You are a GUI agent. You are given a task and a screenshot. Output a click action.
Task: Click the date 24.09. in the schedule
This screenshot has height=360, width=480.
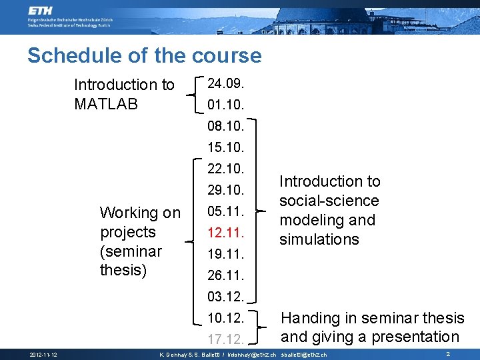226,84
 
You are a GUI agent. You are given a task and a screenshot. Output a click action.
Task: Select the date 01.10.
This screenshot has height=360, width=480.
226,105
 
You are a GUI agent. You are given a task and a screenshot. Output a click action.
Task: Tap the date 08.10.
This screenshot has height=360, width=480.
226,125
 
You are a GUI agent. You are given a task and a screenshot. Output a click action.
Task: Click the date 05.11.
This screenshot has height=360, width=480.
226,211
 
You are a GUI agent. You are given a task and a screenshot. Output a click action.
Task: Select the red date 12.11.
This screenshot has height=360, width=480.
226,233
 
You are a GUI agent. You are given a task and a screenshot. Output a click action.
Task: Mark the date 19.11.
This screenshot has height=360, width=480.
226,254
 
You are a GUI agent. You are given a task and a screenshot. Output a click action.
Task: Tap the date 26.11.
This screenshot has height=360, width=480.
226,275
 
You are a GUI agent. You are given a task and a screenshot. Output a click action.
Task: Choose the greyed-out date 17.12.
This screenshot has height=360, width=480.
226,339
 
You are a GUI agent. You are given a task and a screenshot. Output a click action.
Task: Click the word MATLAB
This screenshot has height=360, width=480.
106,104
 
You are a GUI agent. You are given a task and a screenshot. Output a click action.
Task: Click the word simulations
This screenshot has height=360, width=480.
319,239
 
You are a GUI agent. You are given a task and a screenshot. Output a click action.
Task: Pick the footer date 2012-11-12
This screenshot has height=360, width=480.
42,355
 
